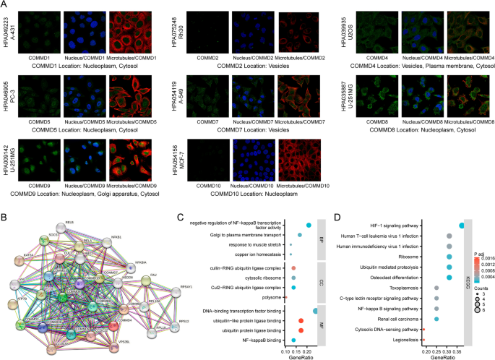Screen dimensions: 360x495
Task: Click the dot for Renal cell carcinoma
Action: (436, 318)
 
